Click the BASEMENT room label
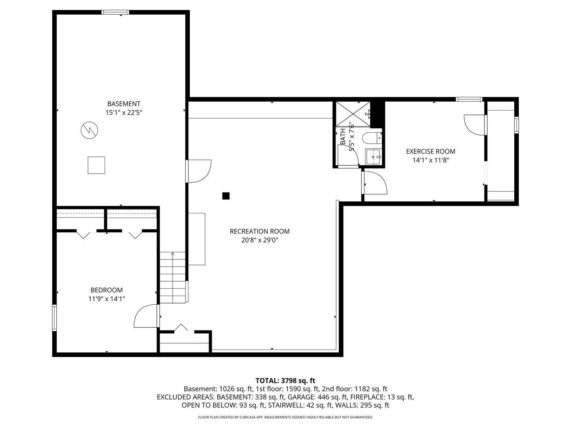pos(124,104)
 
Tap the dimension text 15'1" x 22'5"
pos(124,112)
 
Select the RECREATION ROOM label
pos(260,231)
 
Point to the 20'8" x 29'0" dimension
pos(260,240)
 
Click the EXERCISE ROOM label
pos(431,151)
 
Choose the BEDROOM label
pos(107,290)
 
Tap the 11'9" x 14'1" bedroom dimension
pos(107,299)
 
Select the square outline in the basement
pos(96,165)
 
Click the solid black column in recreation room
pos(226,196)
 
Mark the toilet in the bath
pos(372,138)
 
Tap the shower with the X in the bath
pos(353,114)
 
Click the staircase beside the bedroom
pos(172,277)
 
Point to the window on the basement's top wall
pos(115,12)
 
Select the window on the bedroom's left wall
pos(54,318)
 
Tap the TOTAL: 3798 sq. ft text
pos(285,381)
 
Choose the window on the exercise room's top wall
pos(469,99)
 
